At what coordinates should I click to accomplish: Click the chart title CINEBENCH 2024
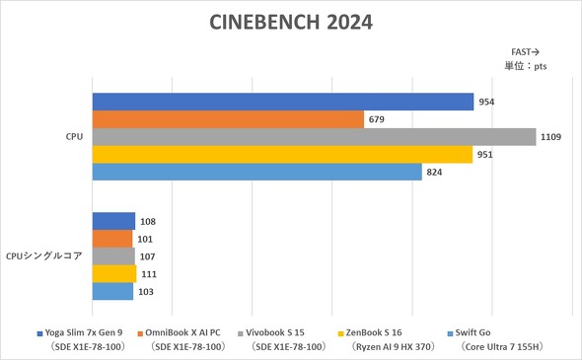[291, 22]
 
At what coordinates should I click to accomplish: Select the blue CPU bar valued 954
[283, 102]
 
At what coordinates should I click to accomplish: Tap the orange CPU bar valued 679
[229, 119]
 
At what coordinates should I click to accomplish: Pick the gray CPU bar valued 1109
[314, 137]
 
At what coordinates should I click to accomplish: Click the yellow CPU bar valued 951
[282, 155]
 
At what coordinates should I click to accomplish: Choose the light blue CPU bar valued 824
[256, 173]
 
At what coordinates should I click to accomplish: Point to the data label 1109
[550, 137]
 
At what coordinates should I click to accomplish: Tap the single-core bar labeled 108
[113, 221]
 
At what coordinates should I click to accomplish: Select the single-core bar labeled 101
[112, 239]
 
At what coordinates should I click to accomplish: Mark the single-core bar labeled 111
[114, 274]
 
